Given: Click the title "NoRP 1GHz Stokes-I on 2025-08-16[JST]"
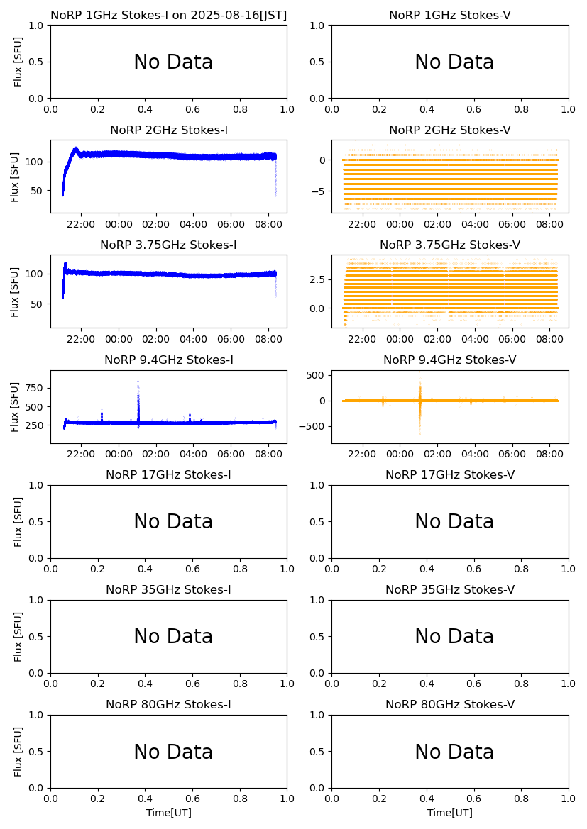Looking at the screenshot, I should (x=169, y=15).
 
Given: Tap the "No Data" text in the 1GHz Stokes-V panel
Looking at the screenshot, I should (x=454, y=62).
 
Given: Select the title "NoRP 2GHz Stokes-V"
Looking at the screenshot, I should (x=450, y=130).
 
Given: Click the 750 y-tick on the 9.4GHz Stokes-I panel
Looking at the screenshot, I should (x=35, y=388).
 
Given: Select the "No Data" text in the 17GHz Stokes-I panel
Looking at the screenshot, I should (x=173, y=522).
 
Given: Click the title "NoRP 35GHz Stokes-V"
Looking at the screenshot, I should (x=450, y=589).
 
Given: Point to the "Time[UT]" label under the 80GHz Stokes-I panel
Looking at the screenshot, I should (x=169, y=813).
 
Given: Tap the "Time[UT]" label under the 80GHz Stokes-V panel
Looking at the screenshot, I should (x=450, y=813).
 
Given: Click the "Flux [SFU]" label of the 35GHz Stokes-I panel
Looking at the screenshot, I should (x=19, y=637).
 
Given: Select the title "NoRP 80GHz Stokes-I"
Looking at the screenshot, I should (x=169, y=704).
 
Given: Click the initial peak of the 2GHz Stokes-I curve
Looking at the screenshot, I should (x=76, y=149).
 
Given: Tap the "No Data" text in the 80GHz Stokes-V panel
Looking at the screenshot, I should (x=454, y=752).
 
